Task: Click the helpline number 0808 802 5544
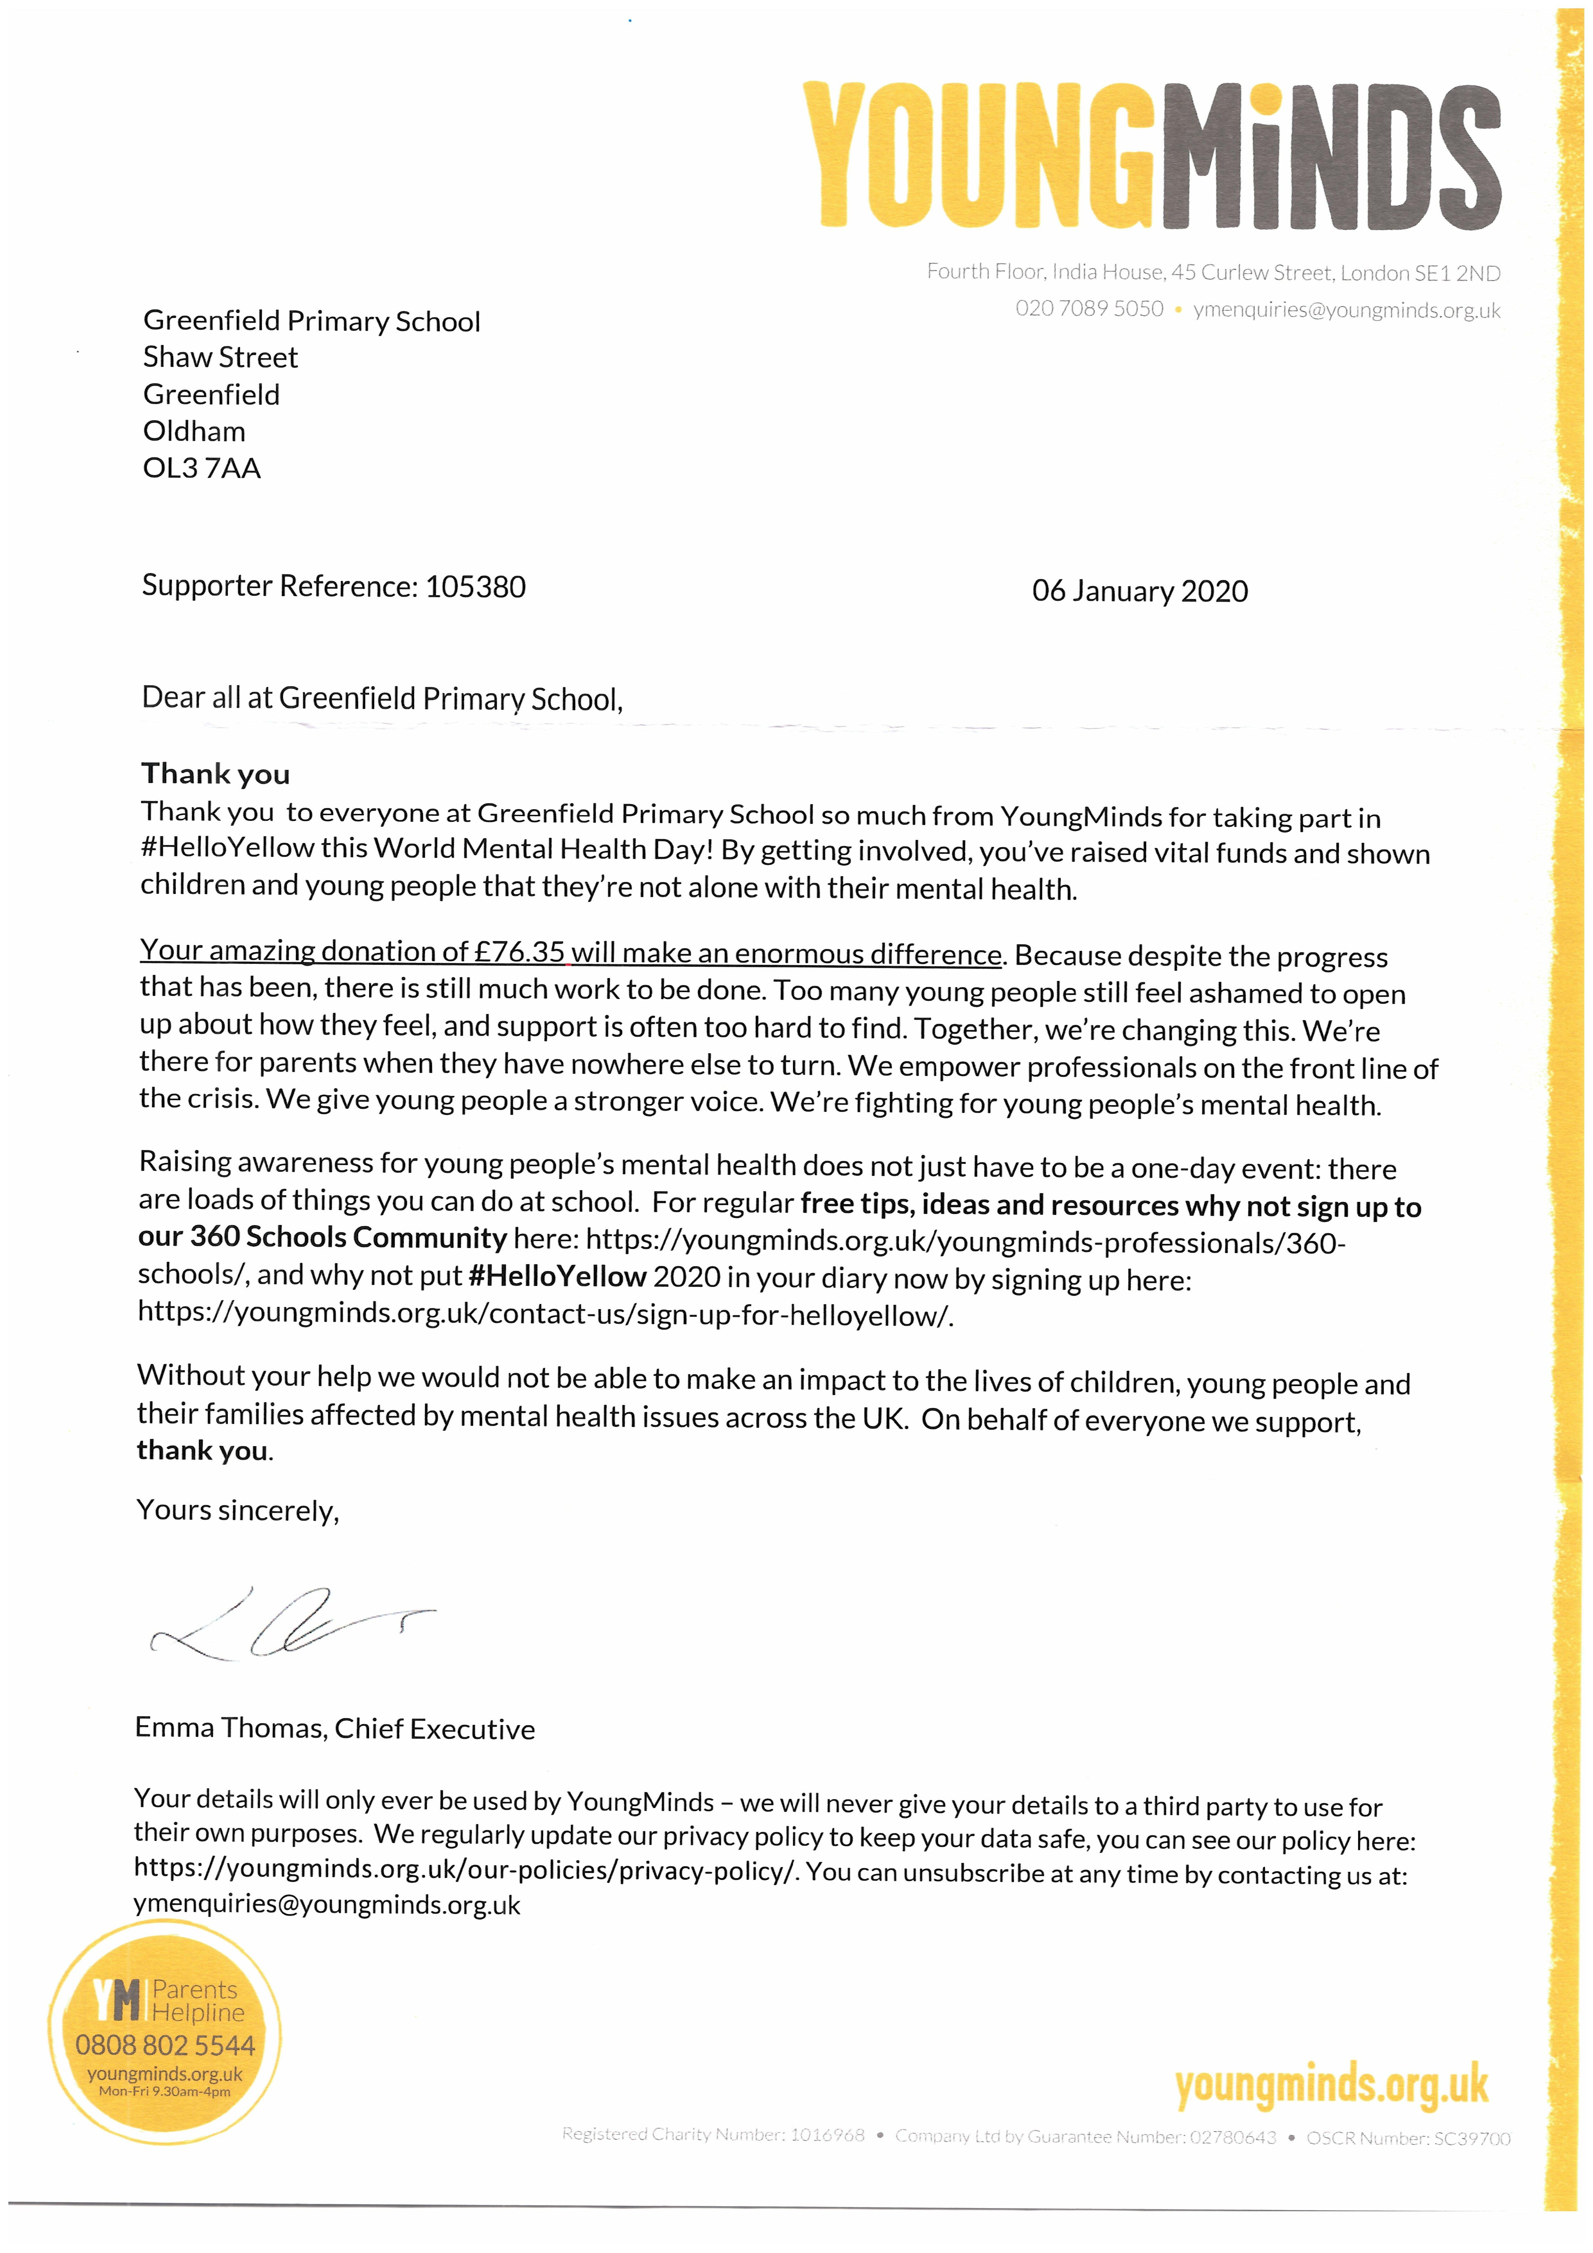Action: click(165, 2046)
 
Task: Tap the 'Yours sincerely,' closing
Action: click(238, 1510)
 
